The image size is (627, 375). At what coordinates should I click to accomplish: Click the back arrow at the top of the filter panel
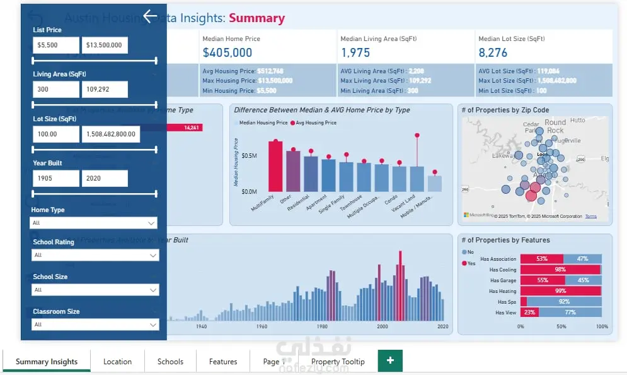pos(149,16)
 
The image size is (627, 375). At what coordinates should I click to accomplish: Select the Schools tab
pos(170,362)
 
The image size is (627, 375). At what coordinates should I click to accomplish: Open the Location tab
pos(117,362)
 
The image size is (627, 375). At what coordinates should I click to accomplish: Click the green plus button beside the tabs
pos(390,360)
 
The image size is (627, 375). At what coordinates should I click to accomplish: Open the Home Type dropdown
pos(93,223)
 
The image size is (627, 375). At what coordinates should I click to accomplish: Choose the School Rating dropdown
pos(95,255)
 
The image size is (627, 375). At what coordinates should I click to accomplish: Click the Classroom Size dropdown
pos(95,324)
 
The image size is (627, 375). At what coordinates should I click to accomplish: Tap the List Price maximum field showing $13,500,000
pos(105,45)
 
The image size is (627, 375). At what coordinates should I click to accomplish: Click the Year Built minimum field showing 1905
pos(56,179)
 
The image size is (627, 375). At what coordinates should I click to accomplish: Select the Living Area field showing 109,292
pos(105,90)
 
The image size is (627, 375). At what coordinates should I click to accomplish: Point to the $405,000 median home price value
pos(227,53)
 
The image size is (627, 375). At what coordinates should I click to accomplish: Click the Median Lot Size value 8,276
pos(493,53)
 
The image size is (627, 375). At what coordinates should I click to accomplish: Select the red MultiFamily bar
pos(275,166)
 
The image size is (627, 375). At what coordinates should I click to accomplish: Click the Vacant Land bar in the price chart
pos(417,179)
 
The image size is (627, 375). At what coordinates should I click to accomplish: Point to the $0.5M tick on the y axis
pos(248,156)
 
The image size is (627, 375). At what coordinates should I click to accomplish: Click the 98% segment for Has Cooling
pos(560,270)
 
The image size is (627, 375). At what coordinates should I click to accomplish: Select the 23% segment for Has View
pos(529,312)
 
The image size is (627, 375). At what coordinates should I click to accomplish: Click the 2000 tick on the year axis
pos(382,326)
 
